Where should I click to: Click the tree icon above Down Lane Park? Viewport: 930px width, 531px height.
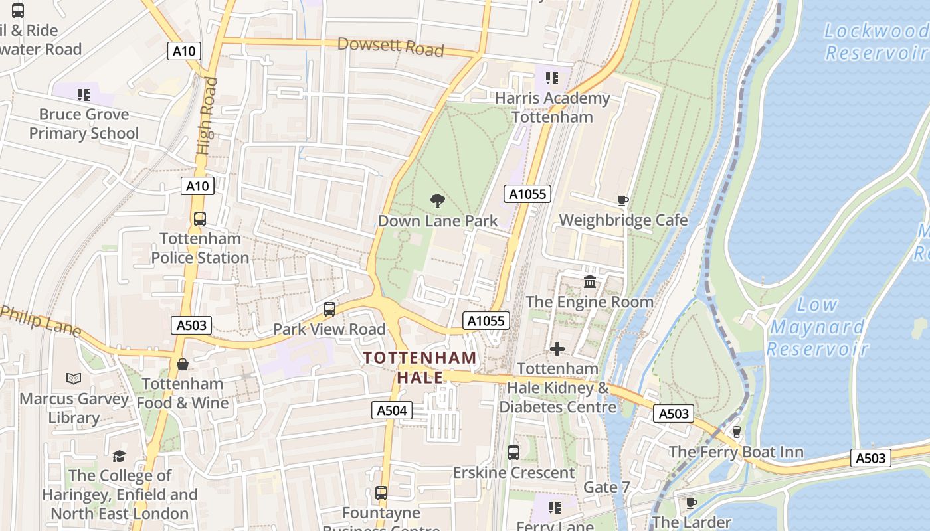pos(437,200)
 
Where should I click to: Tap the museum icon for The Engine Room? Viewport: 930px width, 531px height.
pos(589,282)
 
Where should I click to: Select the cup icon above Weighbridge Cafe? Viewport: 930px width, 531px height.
pos(622,200)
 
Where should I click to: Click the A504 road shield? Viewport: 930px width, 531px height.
pos(391,410)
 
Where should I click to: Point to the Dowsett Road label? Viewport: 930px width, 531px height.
pos(390,46)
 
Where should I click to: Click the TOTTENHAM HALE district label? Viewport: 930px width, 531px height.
pos(420,367)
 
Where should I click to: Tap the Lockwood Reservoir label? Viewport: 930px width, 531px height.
pos(876,41)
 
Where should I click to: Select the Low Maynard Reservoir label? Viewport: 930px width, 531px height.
pos(818,327)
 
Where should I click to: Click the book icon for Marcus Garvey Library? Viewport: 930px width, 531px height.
pos(74,379)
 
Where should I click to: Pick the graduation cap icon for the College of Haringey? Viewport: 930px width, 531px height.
pos(119,456)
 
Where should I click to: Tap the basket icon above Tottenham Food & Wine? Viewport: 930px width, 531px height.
pos(182,364)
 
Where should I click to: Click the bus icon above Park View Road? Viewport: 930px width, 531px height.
pos(329,309)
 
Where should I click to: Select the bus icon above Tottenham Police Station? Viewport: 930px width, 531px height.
pos(199,219)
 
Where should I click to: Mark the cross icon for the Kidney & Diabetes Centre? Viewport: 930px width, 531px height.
pos(557,348)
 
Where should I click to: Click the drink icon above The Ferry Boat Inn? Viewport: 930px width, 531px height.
pos(736,432)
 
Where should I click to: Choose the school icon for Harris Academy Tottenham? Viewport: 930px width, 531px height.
pos(551,78)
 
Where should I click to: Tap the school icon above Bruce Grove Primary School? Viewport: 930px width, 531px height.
pos(83,95)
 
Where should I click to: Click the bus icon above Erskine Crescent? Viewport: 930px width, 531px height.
pos(513,453)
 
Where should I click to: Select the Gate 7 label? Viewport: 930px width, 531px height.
pos(606,487)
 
